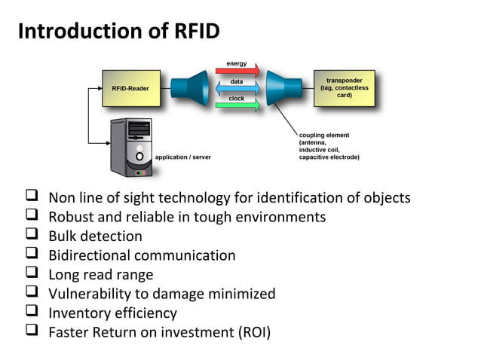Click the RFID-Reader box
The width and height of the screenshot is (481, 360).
130,89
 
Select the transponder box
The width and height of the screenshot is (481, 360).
344,89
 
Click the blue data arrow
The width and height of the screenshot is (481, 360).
237,89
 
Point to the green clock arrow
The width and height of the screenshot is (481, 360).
237,105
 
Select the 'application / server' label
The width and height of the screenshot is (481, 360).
183,157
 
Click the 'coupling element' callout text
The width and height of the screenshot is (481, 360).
329,146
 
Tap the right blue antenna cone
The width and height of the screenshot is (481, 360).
284,89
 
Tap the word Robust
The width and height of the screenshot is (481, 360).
72,217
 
